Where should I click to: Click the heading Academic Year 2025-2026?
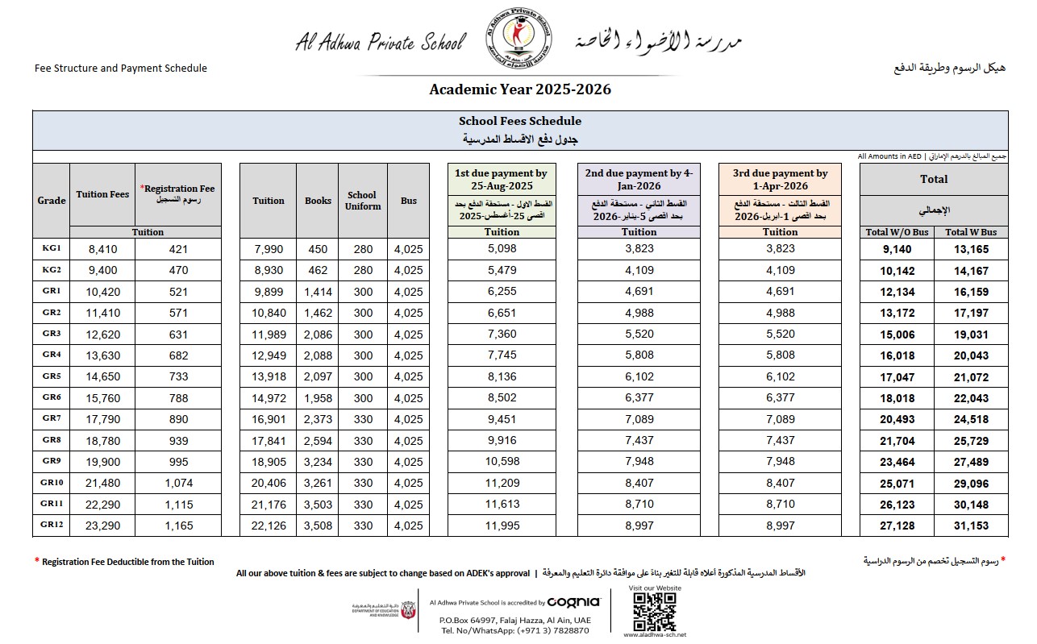click(520, 89)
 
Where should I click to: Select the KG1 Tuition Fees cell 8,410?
click(102, 249)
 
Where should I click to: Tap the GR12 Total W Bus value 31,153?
click(971, 526)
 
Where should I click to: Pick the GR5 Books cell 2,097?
click(318, 376)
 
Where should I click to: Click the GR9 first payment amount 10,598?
click(502, 462)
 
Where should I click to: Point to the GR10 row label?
click(51, 483)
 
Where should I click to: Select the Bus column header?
click(409, 201)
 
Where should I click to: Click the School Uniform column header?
click(363, 201)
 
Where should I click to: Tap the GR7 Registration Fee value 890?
click(178, 419)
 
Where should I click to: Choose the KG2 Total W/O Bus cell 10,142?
click(896, 271)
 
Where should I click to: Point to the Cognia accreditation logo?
click(573, 601)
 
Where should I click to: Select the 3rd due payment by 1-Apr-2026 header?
click(780, 179)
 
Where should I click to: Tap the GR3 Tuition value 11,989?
click(269, 334)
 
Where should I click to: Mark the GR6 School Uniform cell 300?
click(363, 398)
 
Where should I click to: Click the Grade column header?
click(52, 201)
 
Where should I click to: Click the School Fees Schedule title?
click(520, 121)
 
